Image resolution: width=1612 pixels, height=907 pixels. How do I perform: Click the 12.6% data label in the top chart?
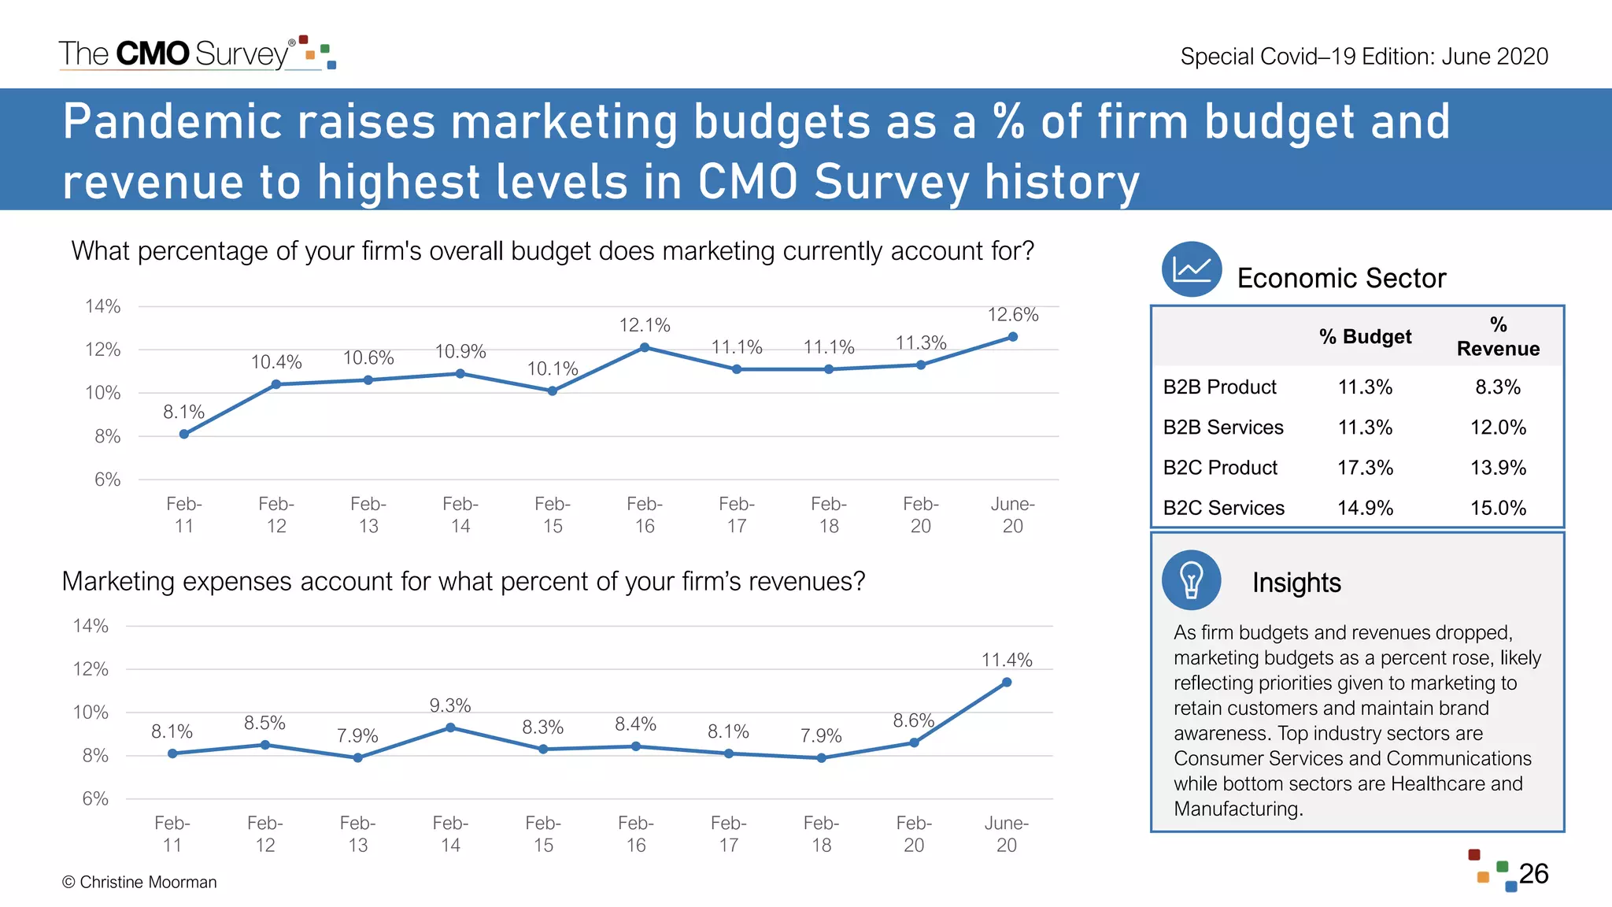coord(1012,315)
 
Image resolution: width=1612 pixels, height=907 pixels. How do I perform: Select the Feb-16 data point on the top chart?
coord(645,347)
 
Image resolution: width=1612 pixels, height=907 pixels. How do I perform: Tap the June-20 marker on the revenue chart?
coord(1007,683)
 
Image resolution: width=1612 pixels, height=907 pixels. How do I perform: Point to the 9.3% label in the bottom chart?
coord(450,705)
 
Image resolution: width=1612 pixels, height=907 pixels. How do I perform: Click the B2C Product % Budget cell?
coord(1365,468)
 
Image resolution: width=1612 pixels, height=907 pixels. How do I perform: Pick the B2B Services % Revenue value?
coord(1498,428)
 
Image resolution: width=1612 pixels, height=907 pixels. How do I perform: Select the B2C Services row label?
coord(1223,508)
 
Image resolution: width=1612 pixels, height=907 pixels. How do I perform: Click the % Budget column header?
coord(1365,337)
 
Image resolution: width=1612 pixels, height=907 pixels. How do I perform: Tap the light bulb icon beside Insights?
coord(1191,580)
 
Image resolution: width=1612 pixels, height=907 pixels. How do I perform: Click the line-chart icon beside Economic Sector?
coord(1192,269)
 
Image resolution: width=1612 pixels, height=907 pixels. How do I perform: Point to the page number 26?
coord(1533,874)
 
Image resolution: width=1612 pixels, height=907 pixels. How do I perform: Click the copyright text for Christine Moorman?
coord(139,883)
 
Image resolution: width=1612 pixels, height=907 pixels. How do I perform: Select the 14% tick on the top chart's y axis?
coord(103,306)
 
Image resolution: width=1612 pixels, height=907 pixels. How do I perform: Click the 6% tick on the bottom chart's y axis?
coord(95,798)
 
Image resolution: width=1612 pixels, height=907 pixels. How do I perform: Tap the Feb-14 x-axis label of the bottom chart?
coord(450,834)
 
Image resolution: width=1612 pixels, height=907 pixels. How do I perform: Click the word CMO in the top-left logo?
coord(153,54)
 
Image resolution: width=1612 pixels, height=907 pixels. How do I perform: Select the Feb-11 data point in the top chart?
coord(184,434)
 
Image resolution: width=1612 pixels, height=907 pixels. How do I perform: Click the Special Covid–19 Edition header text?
coord(1363,57)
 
